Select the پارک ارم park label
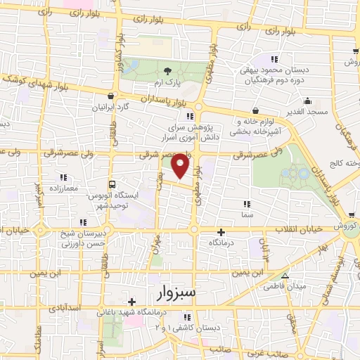point(168,83)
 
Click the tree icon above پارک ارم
point(167,71)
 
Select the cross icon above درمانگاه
point(221,231)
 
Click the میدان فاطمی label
point(284,286)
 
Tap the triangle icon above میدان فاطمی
point(285,275)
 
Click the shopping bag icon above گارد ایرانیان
point(109,96)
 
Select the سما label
point(246,214)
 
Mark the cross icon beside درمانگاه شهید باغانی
point(131,302)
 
